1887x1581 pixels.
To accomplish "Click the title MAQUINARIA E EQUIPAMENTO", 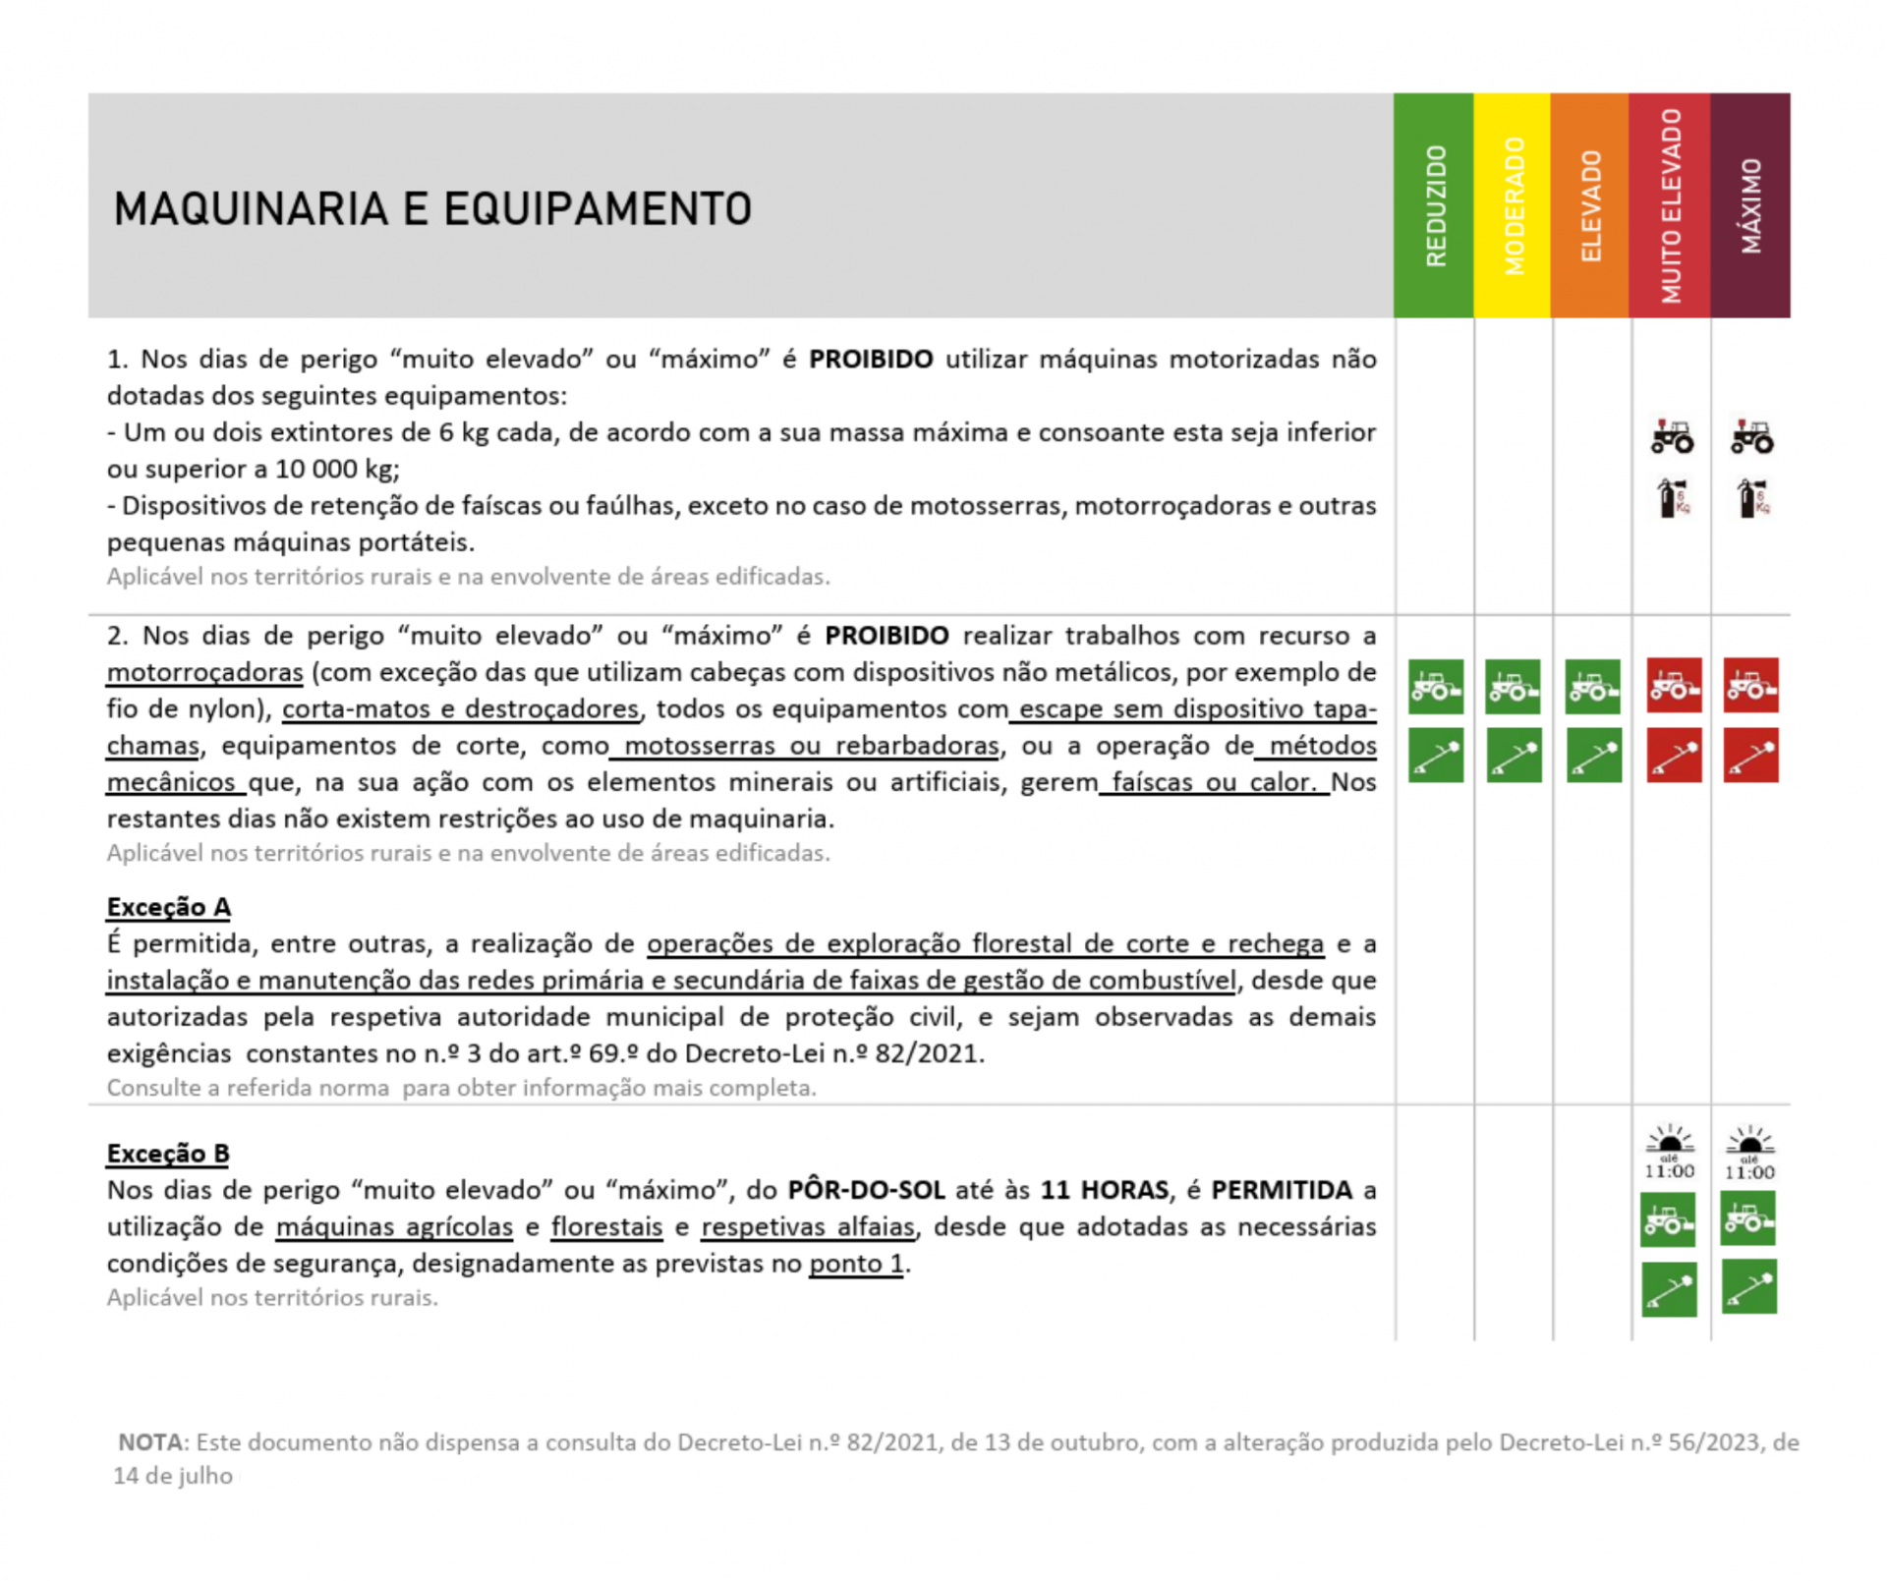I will [432, 209].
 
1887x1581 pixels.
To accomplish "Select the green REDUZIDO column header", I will [1434, 205].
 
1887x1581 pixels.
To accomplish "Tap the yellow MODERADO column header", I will [1513, 205].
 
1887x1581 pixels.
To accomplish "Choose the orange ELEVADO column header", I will [1590, 205].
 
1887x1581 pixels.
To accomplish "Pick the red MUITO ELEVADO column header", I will [1670, 205].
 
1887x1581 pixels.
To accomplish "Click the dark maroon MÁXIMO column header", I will [1750, 205].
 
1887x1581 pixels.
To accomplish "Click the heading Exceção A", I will [168, 907].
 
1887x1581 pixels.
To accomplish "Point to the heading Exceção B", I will [168, 1154].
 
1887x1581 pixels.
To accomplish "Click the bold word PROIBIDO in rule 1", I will [870, 360].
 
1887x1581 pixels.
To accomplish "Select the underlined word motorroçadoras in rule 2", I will [204, 673].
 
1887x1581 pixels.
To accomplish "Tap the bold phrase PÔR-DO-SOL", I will [866, 1191].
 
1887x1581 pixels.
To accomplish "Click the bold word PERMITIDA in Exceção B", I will [1281, 1191].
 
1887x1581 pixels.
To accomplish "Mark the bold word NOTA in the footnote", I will [151, 1442].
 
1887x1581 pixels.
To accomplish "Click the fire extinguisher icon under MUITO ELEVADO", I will [1672, 498].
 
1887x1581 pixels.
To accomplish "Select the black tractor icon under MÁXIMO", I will [1751, 437].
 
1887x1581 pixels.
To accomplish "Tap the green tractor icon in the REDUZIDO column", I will [1436, 686].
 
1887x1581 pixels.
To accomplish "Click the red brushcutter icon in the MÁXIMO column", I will [1750, 756].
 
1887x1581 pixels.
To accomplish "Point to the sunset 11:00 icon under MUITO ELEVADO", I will [1670, 1153].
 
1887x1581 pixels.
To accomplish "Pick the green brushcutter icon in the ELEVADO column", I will [1593, 756].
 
